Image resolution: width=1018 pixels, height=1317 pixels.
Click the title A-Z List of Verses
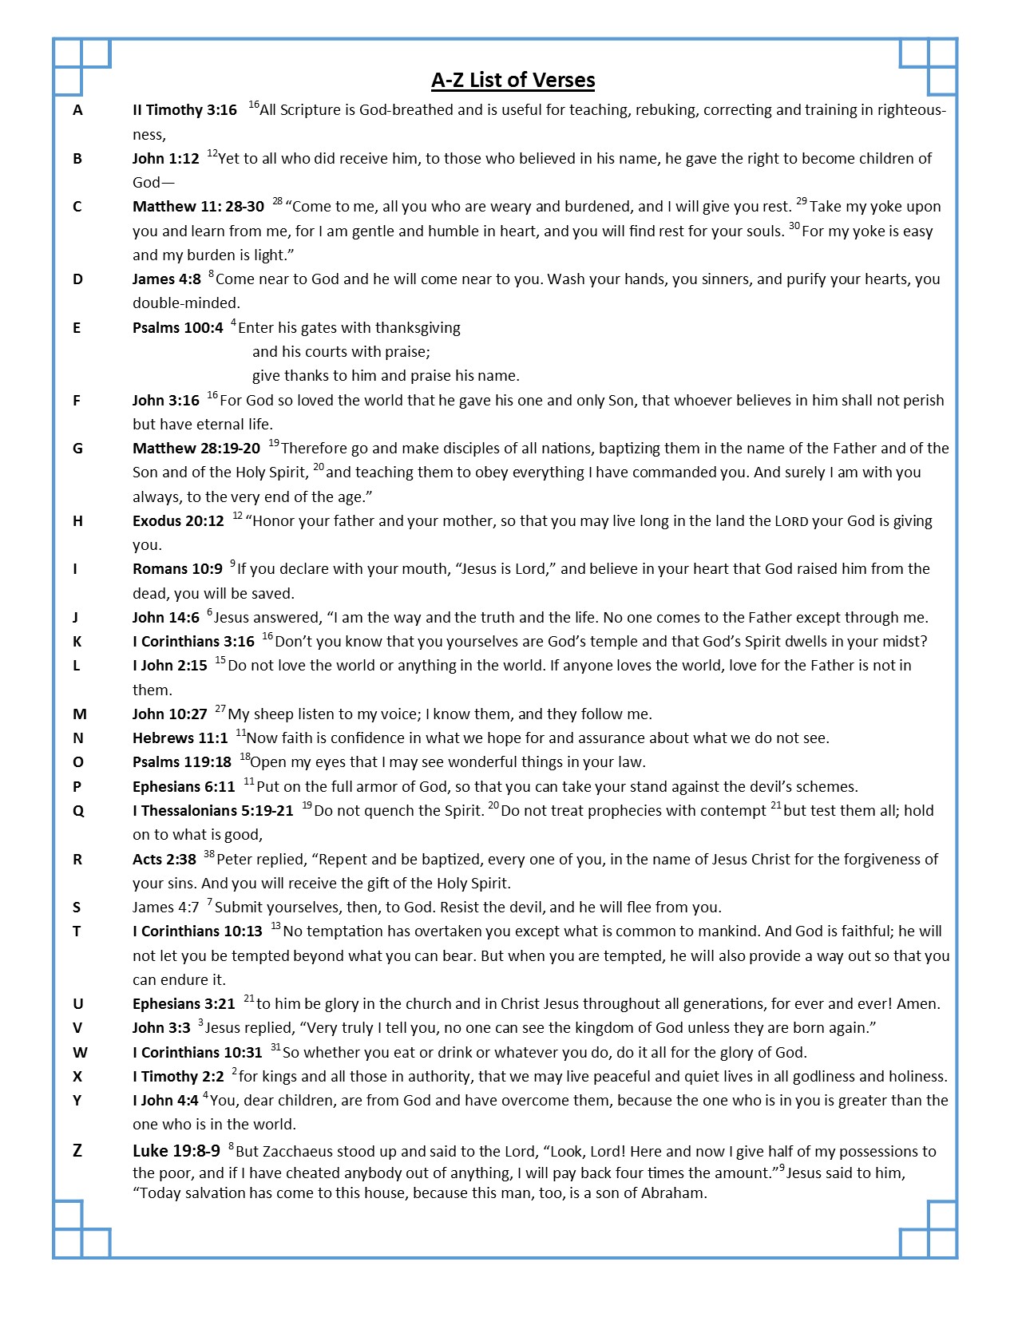[x=513, y=80]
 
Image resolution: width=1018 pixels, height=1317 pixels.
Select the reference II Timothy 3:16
[x=184, y=110]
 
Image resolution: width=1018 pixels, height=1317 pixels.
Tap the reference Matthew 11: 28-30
[x=198, y=207]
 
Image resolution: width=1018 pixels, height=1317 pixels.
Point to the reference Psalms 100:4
[x=177, y=328]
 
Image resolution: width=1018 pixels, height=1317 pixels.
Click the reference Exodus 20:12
[x=178, y=521]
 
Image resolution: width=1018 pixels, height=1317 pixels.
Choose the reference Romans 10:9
[x=177, y=569]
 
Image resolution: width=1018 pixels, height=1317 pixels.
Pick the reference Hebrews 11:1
[x=180, y=738]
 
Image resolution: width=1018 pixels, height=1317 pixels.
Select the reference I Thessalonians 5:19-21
[x=213, y=811]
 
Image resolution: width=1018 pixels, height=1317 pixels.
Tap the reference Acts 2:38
[x=164, y=860]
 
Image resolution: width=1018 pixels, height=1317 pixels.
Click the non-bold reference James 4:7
[x=165, y=908]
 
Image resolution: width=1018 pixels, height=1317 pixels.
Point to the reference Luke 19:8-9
[x=176, y=1151]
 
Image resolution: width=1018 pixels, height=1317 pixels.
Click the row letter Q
[x=77, y=811]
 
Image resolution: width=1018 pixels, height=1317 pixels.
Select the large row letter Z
[x=77, y=1151]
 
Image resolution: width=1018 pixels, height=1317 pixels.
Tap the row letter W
[x=80, y=1053]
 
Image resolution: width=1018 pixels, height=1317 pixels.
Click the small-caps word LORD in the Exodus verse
[x=791, y=522]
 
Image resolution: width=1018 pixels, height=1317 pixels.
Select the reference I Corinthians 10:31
[x=197, y=1053]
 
